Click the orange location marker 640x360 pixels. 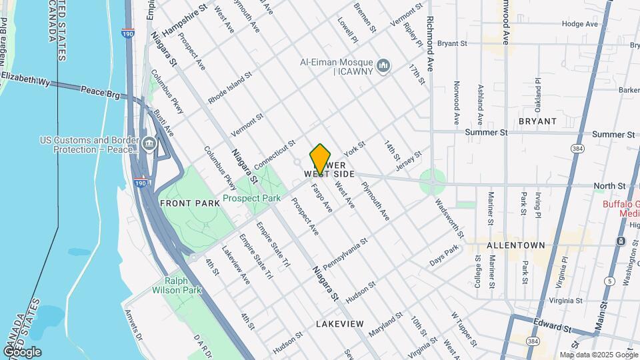(x=321, y=159)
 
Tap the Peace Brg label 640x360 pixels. (x=100, y=91)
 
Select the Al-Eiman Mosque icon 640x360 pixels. (x=383, y=65)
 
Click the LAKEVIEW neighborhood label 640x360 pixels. (x=340, y=323)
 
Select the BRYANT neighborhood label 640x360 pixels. (x=537, y=121)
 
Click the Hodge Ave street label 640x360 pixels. (x=580, y=23)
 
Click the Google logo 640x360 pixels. (x=22, y=351)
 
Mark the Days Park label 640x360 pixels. (x=445, y=257)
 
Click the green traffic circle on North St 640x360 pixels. (x=433, y=179)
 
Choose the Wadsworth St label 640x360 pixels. (x=450, y=218)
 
